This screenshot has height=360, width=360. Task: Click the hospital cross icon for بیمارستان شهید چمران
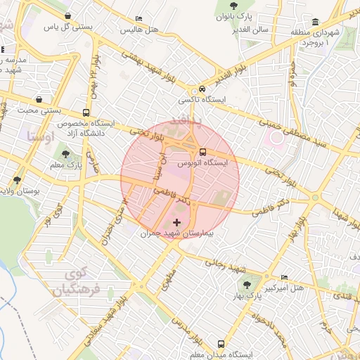click(x=176, y=222)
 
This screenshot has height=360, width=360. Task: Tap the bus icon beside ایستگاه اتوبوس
click(x=202, y=152)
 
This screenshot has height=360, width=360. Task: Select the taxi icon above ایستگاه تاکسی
click(x=202, y=89)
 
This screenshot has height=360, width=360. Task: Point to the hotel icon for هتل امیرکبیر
click(x=283, y=278)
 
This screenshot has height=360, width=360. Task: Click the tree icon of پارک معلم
click(x=65, y=155)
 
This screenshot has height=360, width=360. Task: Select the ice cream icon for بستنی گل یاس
click(x=67, y=15)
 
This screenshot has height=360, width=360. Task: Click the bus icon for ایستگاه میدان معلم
click(x=221, y=345)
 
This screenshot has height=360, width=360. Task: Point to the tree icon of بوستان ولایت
click(x=17, y=180)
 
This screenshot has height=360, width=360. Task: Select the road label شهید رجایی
click(x=224, y=264)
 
